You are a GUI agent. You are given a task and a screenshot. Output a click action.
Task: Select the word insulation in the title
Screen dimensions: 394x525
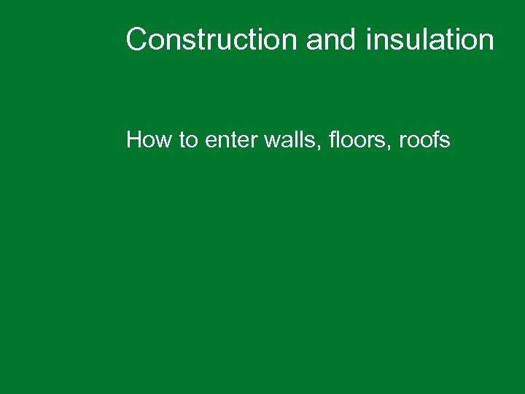tap(429, 40)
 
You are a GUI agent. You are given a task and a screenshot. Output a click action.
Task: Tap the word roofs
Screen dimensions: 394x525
tap(424, 139)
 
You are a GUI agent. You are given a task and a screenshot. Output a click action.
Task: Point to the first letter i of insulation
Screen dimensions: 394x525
tap(368, 40)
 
